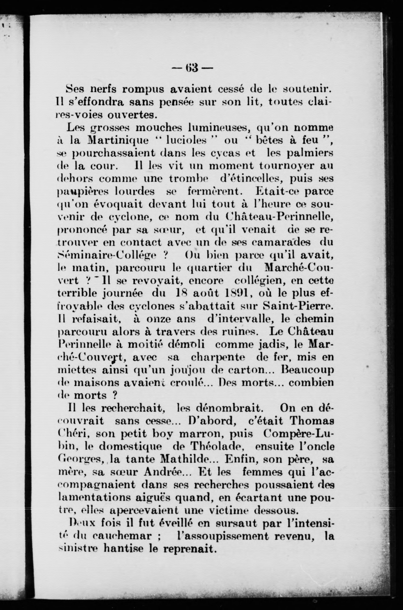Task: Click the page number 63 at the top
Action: [x=192, y=68]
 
